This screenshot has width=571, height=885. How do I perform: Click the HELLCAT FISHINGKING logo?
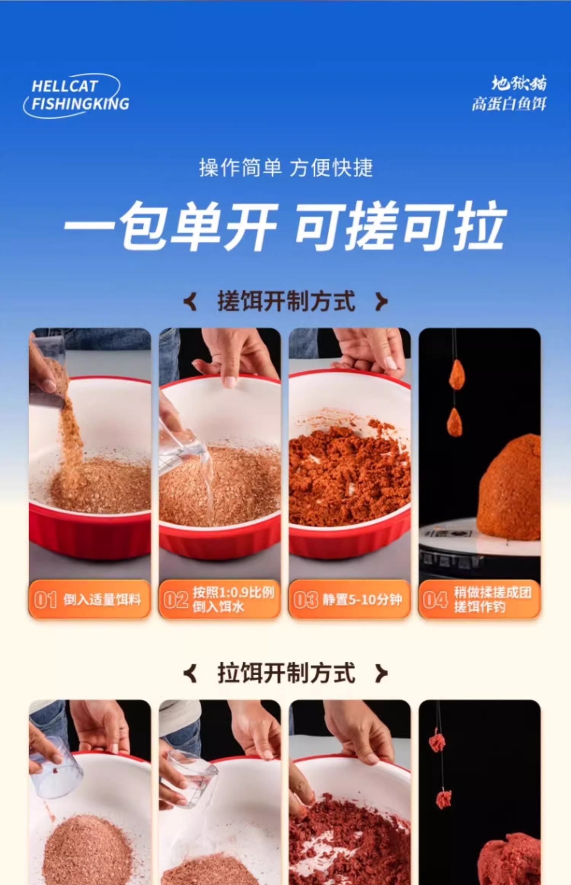(76, 96)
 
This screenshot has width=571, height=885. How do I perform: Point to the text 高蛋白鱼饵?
(509, 104)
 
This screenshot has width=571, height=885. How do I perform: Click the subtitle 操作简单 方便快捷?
(286, 168)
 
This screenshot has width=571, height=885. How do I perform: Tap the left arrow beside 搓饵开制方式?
(190, 302)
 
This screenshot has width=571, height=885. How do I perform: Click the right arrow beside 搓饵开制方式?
(381, 302)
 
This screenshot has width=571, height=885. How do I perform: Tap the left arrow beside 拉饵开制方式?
(190, 674)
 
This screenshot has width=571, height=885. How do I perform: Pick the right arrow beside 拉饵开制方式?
(381, 674)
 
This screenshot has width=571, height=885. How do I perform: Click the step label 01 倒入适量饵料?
(90, 600)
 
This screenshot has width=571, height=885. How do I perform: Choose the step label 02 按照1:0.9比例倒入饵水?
(220, 600)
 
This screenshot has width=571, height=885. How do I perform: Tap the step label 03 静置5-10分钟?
(349, 600)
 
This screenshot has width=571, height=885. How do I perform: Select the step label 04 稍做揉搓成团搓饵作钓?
(479, 600)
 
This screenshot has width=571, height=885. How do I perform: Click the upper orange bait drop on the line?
(456, 375)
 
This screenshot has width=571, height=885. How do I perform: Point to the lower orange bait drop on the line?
(455, 423)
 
